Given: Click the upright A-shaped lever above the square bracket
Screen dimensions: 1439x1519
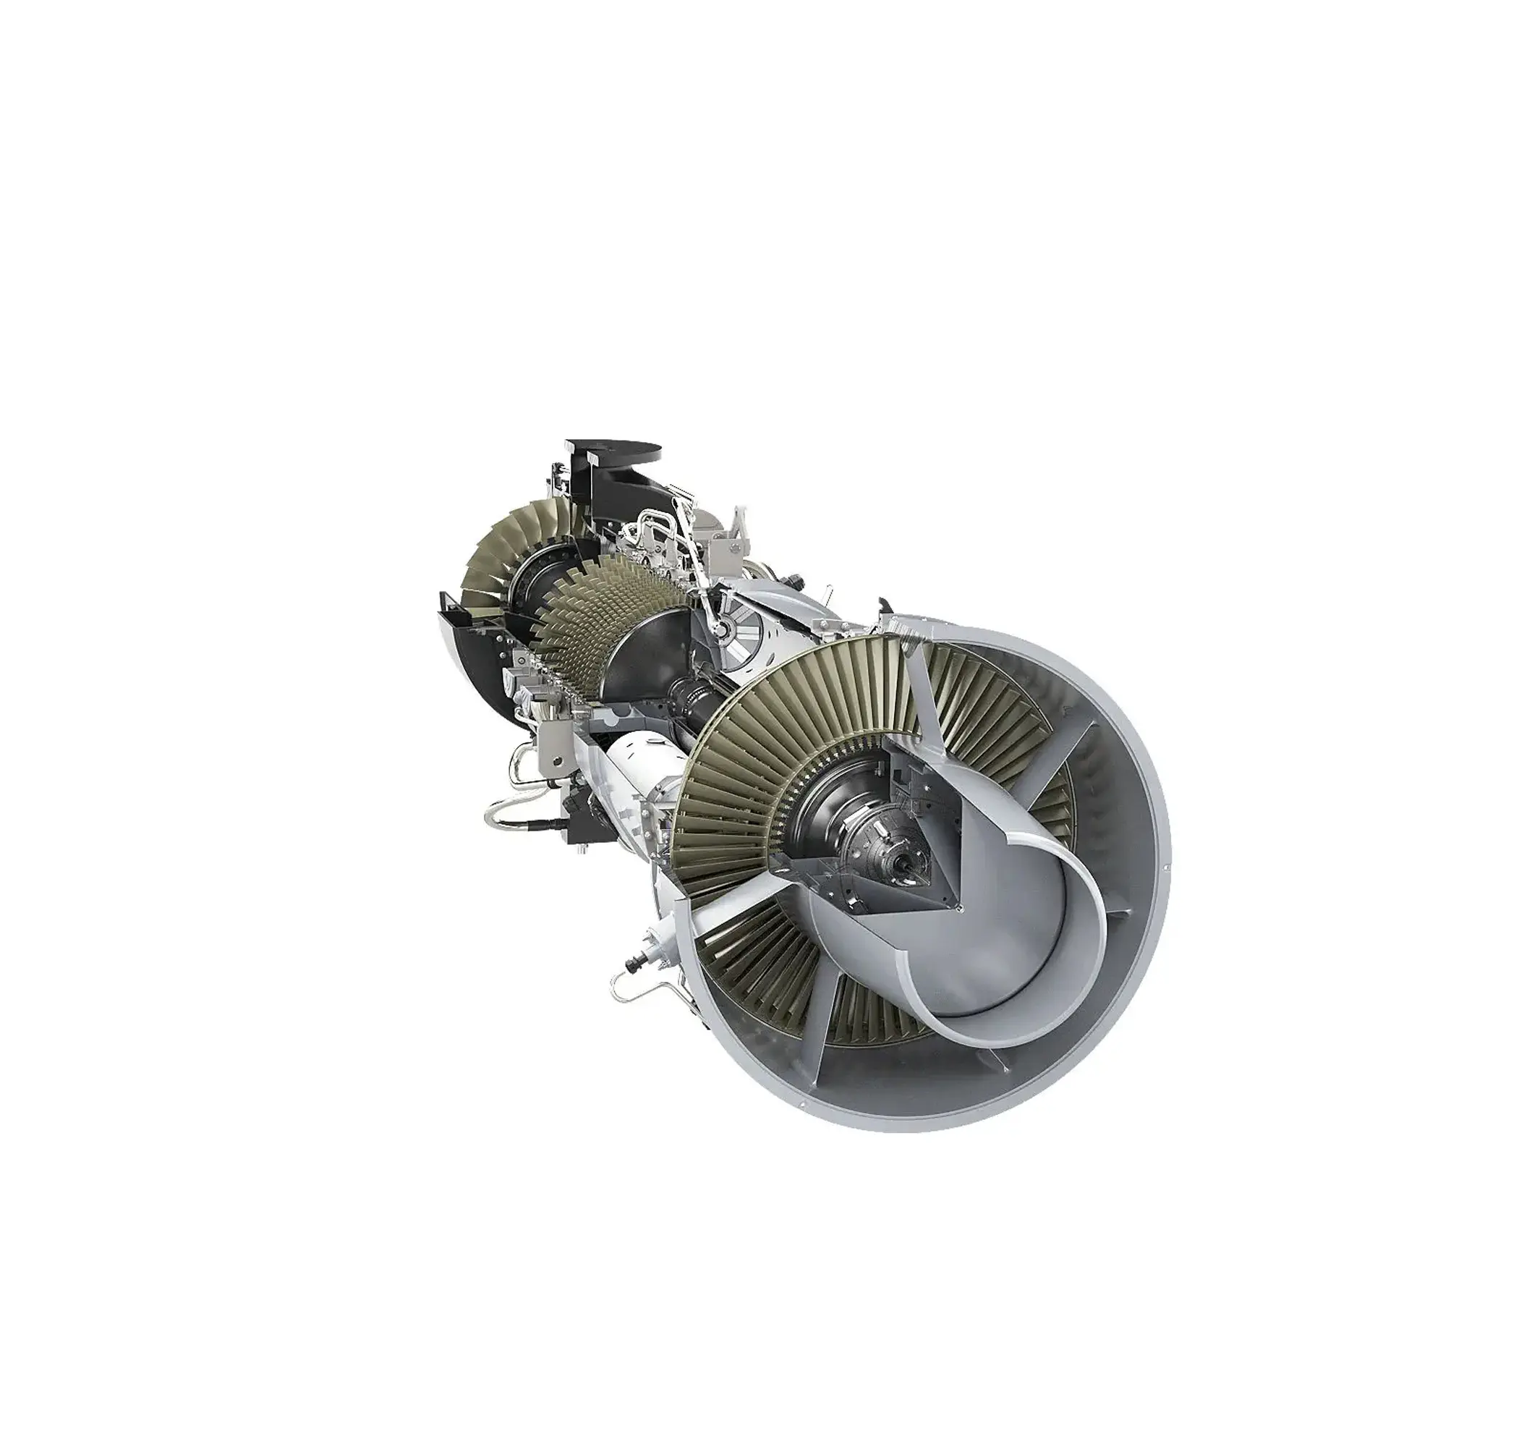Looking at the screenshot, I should click(738, 522).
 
